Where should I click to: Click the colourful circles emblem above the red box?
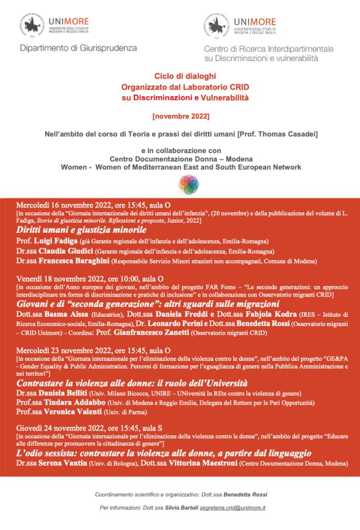coord(189,185)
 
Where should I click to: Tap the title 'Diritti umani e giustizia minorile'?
coord(81,229)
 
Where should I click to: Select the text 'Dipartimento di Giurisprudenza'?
coord(78,48)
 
